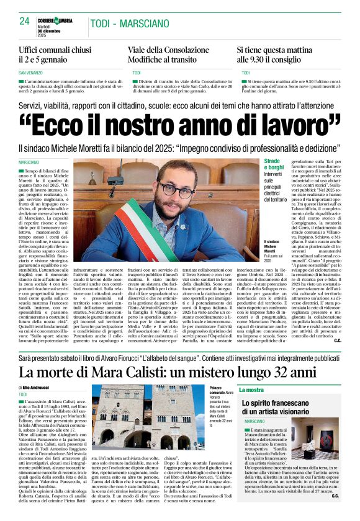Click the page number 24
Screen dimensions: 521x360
(x=25, y=20)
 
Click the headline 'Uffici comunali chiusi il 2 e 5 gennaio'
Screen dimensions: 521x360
(x=55, y=55)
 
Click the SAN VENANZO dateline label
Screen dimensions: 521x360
(x=32, y=73)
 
